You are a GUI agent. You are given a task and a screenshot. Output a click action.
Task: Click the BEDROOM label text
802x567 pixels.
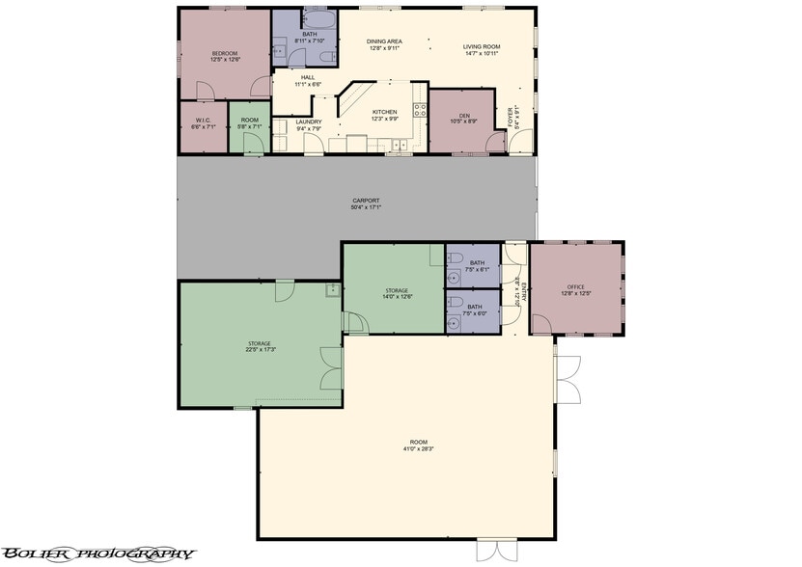tap(226, 52)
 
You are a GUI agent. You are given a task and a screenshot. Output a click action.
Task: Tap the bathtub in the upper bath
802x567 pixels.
tap(318, 19)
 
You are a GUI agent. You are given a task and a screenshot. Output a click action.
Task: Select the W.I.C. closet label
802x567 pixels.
tap(202, 121)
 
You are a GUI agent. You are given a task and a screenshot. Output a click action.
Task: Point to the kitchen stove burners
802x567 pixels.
tap(420, 110)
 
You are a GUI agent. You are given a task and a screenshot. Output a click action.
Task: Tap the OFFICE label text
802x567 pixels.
tap(575, 286)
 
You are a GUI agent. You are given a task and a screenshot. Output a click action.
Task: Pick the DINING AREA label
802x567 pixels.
tap(384, 41)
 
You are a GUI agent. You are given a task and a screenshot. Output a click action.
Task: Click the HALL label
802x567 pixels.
tap(308, 77)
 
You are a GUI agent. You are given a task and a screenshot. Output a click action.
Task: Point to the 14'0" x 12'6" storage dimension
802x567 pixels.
tap(397, 297)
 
